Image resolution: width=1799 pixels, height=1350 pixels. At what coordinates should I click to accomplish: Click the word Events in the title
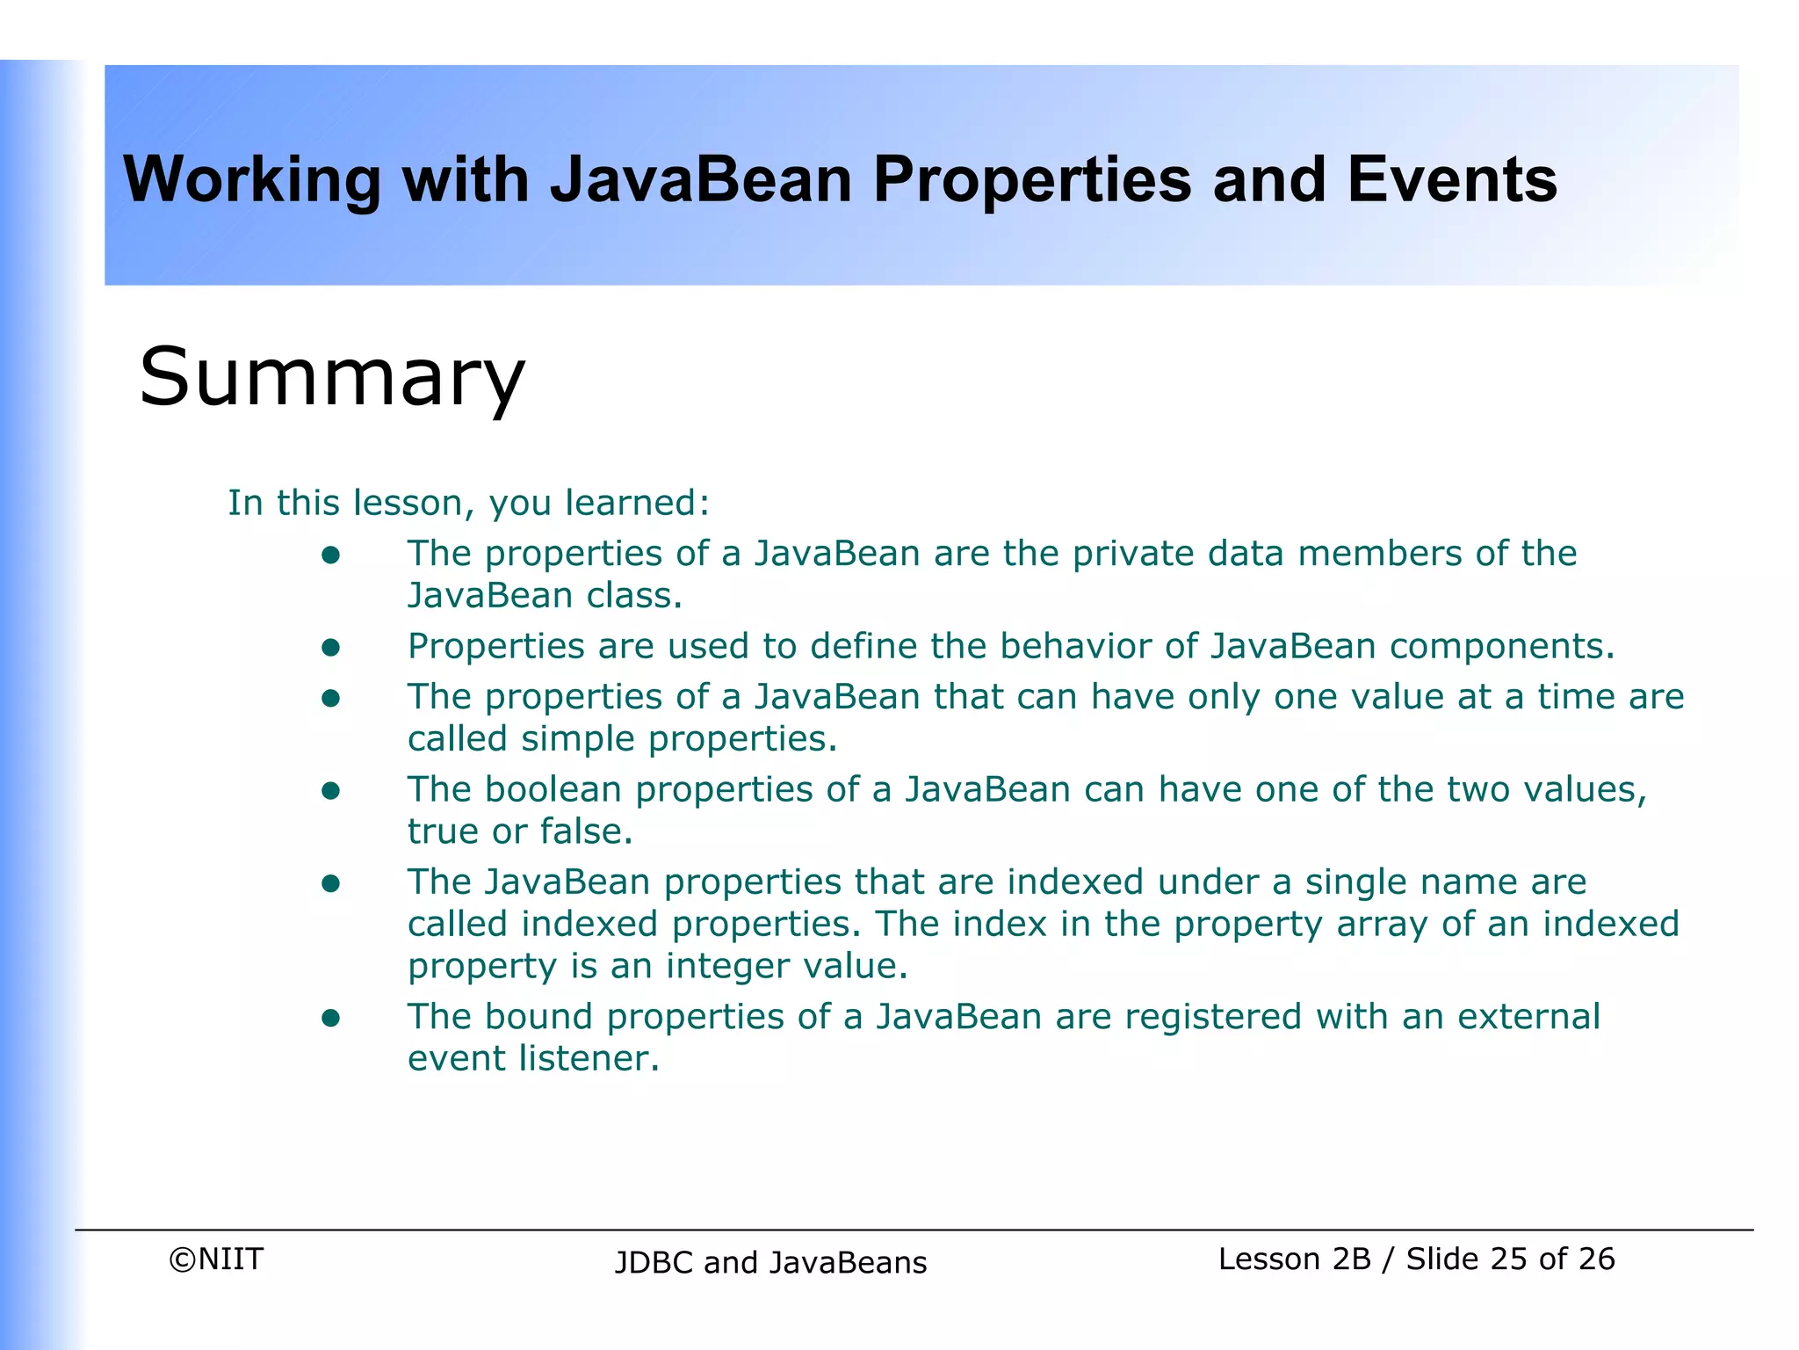coord(1451,180)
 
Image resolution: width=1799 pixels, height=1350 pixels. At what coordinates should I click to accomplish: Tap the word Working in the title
coord(251,180)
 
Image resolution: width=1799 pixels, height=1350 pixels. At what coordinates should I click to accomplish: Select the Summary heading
coord(332,378)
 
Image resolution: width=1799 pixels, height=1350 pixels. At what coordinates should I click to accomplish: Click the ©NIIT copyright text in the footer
coord(216,1259)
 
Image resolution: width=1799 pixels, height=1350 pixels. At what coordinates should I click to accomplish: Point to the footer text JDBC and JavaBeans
coord(770,1263)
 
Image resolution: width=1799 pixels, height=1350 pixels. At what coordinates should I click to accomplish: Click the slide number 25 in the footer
coord(1509,1259)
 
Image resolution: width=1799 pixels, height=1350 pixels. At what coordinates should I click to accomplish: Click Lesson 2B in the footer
coord(1294,1259)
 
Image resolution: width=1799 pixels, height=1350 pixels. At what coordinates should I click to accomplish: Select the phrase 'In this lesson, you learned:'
coord(468,504)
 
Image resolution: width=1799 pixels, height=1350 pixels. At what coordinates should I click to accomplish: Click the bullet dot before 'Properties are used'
coord(330,648)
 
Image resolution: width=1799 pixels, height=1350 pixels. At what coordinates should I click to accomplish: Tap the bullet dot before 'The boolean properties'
coord(330,791)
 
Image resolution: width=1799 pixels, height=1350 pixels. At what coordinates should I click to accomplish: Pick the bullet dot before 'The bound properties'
coord(330,1018)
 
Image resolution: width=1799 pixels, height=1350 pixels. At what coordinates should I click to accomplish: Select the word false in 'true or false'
coord(586,831)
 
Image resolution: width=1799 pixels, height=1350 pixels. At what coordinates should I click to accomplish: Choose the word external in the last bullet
coord(1528,1017)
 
